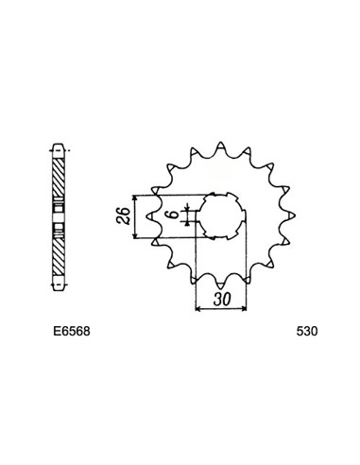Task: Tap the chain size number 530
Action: [x=307, y=334]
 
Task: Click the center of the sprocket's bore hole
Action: [x=218, y=218]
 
